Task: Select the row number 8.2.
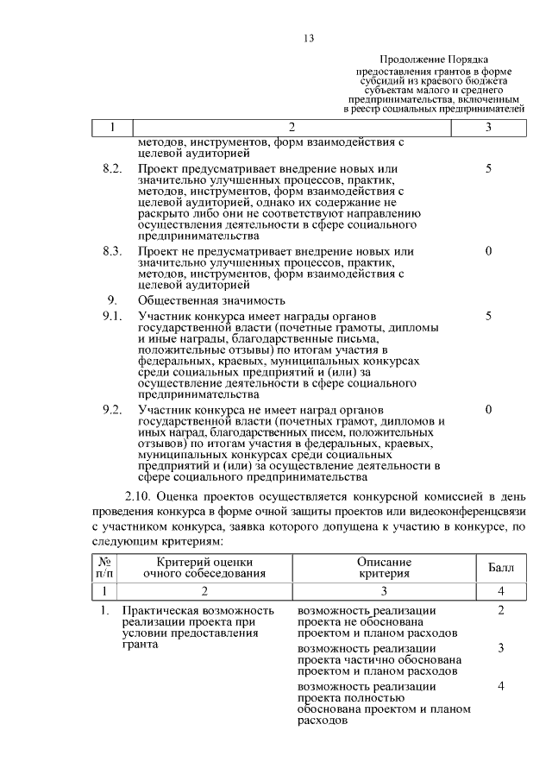tap(112, 168)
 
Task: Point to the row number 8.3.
tap(112, 251)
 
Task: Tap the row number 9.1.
tap(112, 317)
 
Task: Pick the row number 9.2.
tap(112, 408)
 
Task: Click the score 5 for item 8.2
tap(488, 168)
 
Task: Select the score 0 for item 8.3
tap(488, 251)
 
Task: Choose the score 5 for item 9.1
tap(488, 317)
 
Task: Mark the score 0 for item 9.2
tap(488, 408)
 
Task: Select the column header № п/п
tap(103, 567)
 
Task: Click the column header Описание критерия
tap(384, 567)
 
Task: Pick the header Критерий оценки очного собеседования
tap(204, 567)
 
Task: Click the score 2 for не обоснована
tap(500, 611)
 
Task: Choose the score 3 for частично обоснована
tap(500, 648)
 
